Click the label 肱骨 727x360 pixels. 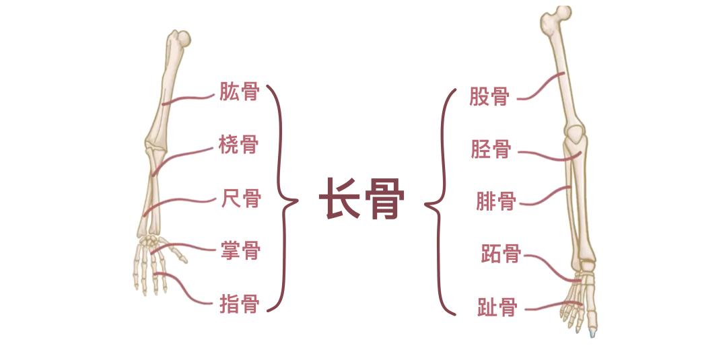click(x=239, y=92)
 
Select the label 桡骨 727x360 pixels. click(x=239, y=145)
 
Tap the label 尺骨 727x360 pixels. click(x=240, y=199)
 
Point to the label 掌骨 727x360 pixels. click(x=240, y=251)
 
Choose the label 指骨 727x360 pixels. click(x=239, y=304)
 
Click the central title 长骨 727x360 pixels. click(x=361, y=199)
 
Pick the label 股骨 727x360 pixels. click(x=489, y=97)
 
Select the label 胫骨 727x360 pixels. click(x=491, y=149)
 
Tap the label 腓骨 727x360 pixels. click(x=496, y=202)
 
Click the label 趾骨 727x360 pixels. click(x=497, y=308)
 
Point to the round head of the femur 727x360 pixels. click(x=563, y=13)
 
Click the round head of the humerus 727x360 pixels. click(x=184, y=38)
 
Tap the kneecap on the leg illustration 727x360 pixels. click(x=577, y=133)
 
